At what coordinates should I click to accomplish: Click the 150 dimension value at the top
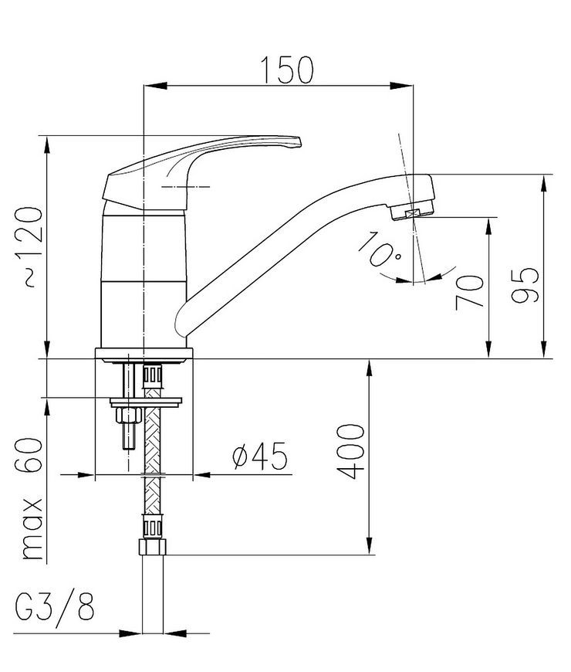[x=287, y=70]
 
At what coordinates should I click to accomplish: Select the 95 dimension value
[x=525, y=286]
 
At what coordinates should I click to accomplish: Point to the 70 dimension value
[x=470, y=293]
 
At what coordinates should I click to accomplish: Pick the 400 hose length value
[x=350, y=451]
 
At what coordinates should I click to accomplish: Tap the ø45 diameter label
[x=259, y=456]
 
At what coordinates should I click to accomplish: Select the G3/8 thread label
[x=55, y=606]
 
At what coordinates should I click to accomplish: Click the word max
[x=32, y=529]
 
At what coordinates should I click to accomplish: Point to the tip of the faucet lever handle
[x=300, y=142]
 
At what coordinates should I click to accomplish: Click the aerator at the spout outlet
[x=412, y=211]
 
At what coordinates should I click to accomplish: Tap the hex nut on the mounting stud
[x=129, y=416]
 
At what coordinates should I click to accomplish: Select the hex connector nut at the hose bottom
[x=152, y=548]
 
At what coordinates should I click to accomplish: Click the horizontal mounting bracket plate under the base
[x=146, y=402]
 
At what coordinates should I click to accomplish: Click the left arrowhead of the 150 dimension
[x=154, y=86]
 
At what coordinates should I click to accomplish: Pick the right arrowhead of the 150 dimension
[x=401, y=86]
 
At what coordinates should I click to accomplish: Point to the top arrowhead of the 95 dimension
[x=543, y=186]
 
